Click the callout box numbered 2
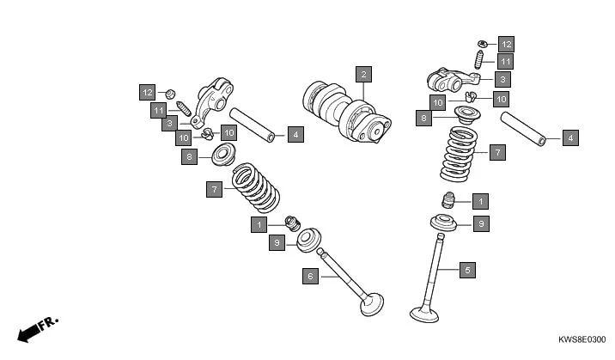pyautogui.click(x=364, y=74)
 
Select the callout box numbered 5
pyautogui.click(x=467, y=270)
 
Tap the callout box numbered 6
pyautogui.click(x=310, y=276)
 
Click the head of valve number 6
pyautogui.click(x=372, y=304)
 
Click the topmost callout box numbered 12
pyautogui.click(x=505, y=43)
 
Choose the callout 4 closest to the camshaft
pyautogui.click(x=295, y=134)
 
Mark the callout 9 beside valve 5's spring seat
pyautogui.click(x=481, y=223)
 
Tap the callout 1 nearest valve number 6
pyautogui.click(x=259, y=224)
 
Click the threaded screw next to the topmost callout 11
pyautogui.click(x=480, y=60)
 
